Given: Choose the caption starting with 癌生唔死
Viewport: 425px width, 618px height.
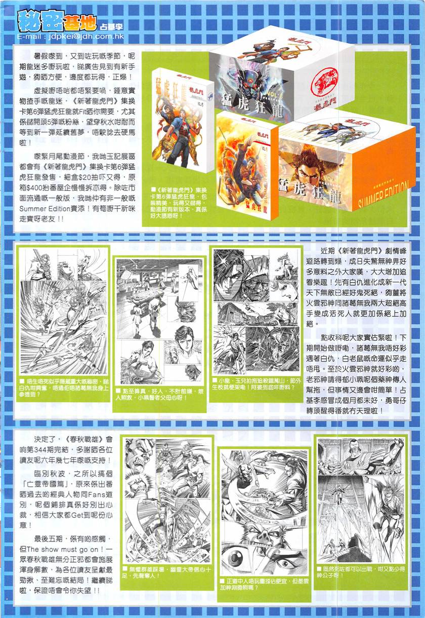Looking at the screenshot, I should [x=61, y=389].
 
